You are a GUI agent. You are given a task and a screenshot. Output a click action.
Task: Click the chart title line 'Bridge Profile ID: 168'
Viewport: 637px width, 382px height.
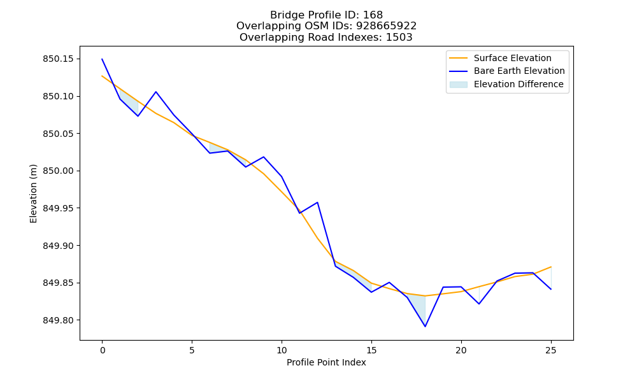point(326,15)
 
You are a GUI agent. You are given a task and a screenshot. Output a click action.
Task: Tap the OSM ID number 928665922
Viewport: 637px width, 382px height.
point(387,26)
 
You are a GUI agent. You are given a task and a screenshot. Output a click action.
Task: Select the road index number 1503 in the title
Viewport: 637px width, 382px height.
point(399,38)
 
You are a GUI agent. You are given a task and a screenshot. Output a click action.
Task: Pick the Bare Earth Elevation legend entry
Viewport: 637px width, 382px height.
point(507,71)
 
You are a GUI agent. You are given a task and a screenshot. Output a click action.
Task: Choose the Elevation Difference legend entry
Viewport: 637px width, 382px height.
point(506,84)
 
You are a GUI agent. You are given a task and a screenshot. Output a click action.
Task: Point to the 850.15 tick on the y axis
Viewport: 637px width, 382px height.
point(58,59)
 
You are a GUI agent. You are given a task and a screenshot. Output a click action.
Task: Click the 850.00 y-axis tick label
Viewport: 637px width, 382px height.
point(58,171)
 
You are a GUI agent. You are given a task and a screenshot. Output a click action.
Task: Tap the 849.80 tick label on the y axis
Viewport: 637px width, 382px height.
point(58,320)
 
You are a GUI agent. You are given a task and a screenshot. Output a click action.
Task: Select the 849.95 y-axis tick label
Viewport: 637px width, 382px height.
point(58,208)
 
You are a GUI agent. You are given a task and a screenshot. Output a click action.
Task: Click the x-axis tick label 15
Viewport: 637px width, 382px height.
point(371,350)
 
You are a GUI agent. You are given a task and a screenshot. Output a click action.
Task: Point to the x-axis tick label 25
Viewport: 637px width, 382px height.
point(551,350)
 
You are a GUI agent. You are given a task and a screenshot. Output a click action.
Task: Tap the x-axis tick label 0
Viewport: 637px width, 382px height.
point(102,350)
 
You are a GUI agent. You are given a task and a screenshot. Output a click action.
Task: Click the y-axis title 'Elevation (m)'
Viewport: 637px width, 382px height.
point(33,194)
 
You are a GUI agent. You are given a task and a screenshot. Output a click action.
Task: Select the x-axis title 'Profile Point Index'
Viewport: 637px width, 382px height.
point(326,362)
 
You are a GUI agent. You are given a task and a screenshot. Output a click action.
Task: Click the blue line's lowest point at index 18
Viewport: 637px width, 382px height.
point(425,327)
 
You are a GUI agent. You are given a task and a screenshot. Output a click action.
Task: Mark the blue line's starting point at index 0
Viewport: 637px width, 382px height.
point(102,59)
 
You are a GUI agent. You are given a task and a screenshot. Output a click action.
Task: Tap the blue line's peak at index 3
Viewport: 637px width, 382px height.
point(156,92)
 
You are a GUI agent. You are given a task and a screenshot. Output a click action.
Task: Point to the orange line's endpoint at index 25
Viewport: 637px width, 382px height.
point(551,267)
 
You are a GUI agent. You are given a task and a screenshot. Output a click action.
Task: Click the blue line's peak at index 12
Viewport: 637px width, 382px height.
point(317,202)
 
